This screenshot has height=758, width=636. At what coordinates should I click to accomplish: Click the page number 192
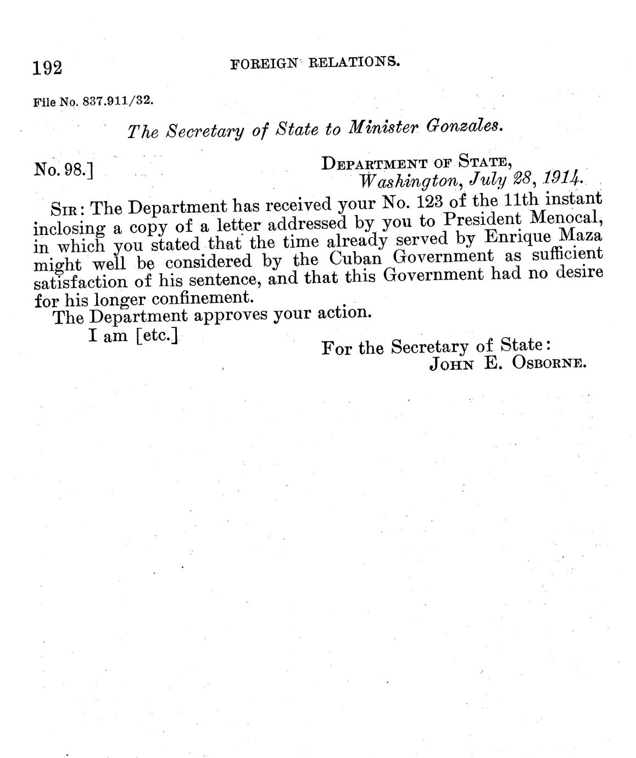[48, 68]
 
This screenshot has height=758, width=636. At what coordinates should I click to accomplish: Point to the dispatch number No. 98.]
[63, 169]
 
